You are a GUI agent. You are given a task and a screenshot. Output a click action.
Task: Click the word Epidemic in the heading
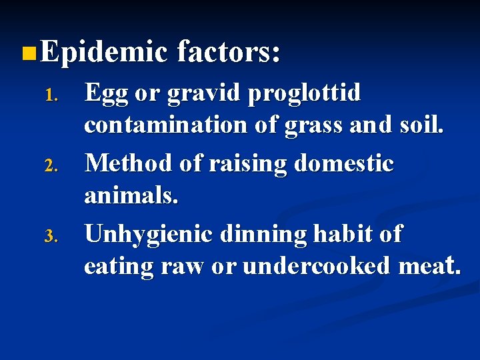(103, 51)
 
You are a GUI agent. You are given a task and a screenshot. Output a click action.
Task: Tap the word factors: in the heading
(228, 51)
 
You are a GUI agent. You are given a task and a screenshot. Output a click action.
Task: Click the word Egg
(106, 94)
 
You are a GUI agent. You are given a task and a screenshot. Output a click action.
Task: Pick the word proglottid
(304, 94)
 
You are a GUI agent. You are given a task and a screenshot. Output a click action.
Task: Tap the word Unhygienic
(148, 235)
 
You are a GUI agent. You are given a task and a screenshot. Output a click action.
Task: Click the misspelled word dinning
(262, 235)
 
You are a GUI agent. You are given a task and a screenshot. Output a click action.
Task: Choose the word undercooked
(317, 266)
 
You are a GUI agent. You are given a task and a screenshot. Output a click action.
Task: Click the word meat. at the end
(429, 266)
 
